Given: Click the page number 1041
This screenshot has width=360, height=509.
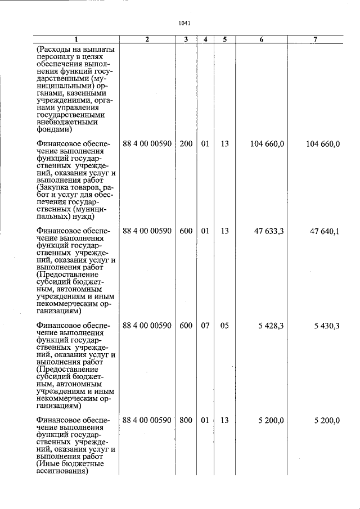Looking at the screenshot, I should tap(183, 23).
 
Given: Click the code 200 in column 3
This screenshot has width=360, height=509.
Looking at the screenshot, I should tap(186, 144).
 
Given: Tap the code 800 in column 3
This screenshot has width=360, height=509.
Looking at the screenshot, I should tap(186, 420).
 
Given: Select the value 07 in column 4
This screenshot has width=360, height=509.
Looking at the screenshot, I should tap(205, 325).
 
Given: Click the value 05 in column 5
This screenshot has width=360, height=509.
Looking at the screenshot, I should tap(224, 325).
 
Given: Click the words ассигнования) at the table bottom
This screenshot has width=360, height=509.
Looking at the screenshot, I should tap(63, 472).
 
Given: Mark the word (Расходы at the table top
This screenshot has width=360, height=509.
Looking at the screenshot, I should tap(53, 49).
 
